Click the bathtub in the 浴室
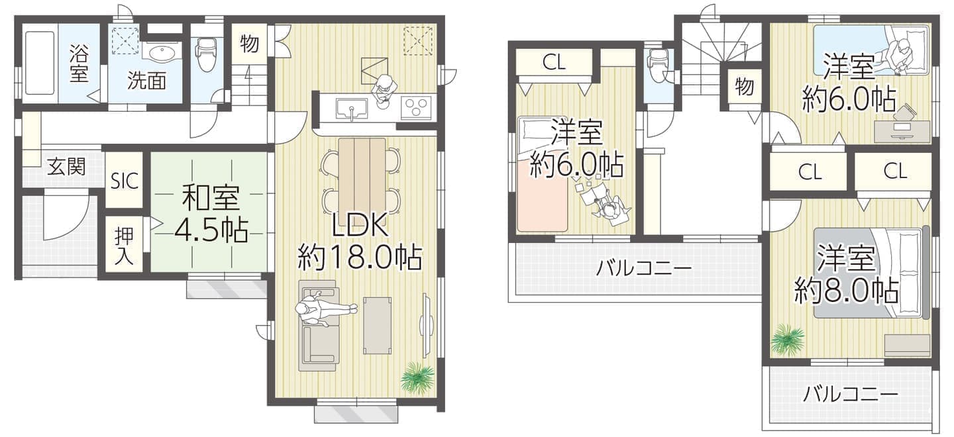click(x=40, y=62)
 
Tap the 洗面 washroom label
click(x=146, y=80)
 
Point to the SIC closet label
click(x=125, y=181)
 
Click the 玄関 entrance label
click(x=66, y=166)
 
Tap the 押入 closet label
click(x=124, y=246)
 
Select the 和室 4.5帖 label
click(x=211, y=214)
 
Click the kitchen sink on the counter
click(x=351, y=109)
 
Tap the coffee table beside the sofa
click(x=378, y=326)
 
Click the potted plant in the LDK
click(x=417, y=377)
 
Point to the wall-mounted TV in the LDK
click(x=427, y=326)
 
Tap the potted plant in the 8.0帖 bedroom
click(x=788, y=339)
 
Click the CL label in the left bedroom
click(x=554, y=63)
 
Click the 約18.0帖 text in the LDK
click(x=360, y=258)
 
